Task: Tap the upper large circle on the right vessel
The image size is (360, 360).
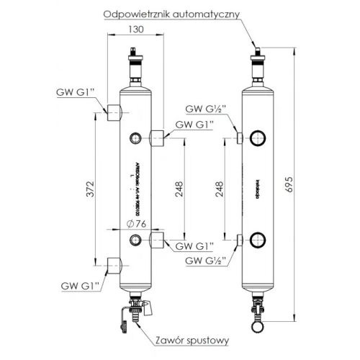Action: click(x=257, y=138)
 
